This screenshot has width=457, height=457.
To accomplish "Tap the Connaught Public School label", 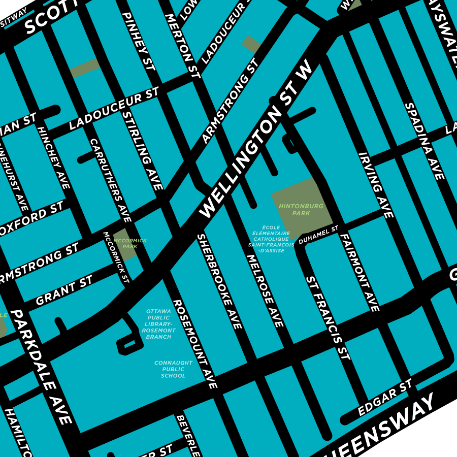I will pos(173,369).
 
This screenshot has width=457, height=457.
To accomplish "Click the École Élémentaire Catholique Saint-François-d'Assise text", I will pos(271,239).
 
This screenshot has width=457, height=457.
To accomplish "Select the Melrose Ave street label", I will pos(265,290).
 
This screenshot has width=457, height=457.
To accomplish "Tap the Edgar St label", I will pos(384,398).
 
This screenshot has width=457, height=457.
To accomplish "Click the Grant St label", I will pos(64,290).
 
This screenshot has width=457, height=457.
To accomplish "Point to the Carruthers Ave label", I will pos(111,180).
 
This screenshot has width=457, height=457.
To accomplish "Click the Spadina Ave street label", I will pos(425,141).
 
